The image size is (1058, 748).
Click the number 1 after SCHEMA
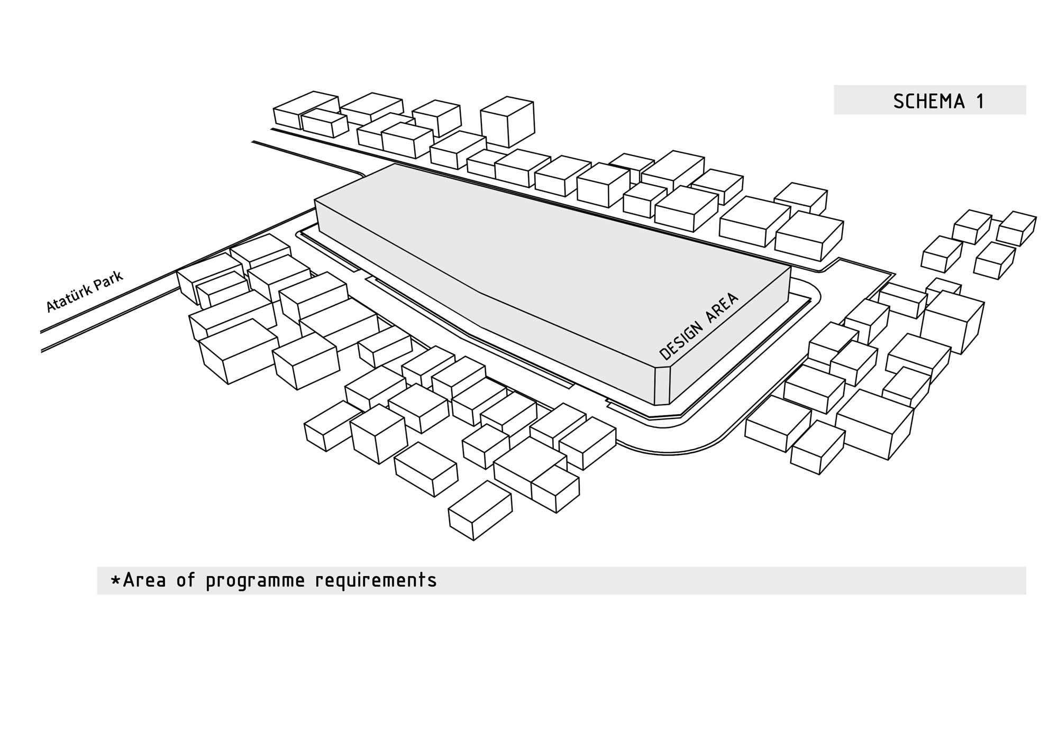pyautogui.click(x=980, y=101)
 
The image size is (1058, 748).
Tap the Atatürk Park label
pyautogui.click(x=85, y=291)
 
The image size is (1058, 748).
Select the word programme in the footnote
pyautogui.click(x=256, y=581)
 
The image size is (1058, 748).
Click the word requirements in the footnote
pyautogui.click(x=376, y=581)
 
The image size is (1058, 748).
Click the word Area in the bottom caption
pyautogui.click(x=144, y=580)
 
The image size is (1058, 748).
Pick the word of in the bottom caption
pyautogui.click(x=186, y=580)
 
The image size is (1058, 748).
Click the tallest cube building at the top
pyautogui.click(x=507, y=121)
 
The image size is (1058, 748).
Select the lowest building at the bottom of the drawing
pyautogui.click(x=480, y=510)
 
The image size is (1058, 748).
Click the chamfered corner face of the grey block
pyautogui.click(x=663, y=385)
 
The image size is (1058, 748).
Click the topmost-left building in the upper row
pyautogui.click(x=306, y=110)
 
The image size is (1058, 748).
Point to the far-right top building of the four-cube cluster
pyautogui.click(x=1016, y=228)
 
